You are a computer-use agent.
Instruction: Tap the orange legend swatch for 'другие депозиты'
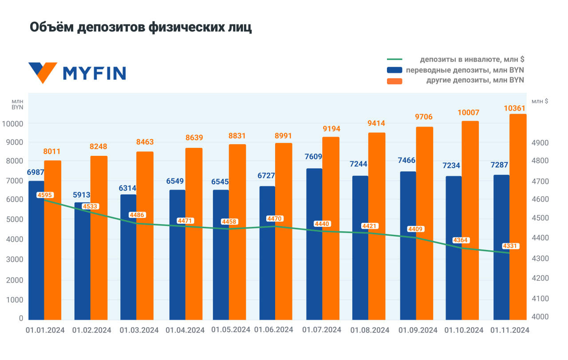click(394, 81)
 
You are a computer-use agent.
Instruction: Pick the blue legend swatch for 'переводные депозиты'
click(394, 70)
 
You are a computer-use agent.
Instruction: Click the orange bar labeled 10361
click(518, 218)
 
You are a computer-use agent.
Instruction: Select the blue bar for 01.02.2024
click(82, 262)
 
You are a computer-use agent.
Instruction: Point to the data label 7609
click(314, 157)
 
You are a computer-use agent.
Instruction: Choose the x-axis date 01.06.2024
click(273, 329)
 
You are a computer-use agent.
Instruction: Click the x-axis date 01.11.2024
click(509, 330)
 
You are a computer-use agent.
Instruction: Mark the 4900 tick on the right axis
click(540, 142)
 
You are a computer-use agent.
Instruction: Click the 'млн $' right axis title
click(540, 101)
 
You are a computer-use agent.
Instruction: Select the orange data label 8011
click(52, 151)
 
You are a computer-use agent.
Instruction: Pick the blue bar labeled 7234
click(454, 249)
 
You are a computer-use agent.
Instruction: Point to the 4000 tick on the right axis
click(540, 317)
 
